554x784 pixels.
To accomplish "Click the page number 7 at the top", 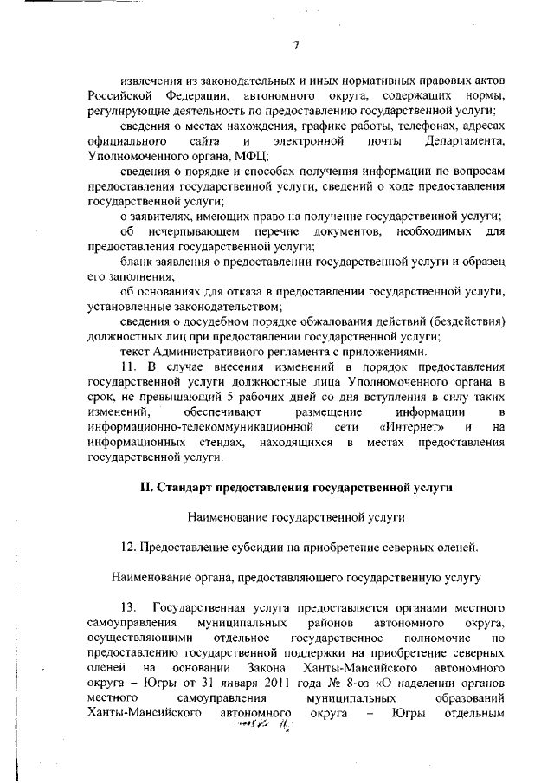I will click(296, 46).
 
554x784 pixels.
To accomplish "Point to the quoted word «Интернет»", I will click(412, 428).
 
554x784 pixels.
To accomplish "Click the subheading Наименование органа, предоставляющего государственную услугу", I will click(296, 576).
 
